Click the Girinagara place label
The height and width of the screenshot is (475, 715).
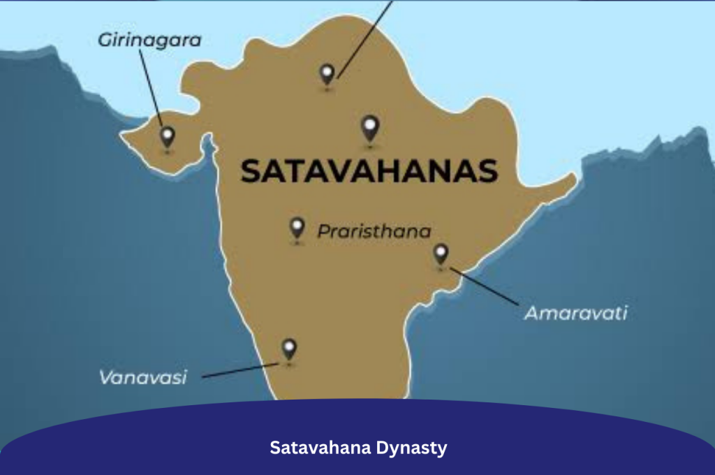click(149, 41)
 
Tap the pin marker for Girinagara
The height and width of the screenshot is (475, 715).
click(167, 136)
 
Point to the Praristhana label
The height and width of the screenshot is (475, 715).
click(374, 231)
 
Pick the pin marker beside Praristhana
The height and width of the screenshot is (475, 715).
click(297, 228)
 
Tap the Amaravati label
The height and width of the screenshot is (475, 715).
click(575, 313)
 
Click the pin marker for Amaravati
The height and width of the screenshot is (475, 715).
click(441, 254)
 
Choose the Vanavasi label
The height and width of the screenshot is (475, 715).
click(142, 378)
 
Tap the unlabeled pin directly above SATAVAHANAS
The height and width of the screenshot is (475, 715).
click(370, 128)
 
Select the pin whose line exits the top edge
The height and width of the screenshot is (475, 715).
click(327, 73)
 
